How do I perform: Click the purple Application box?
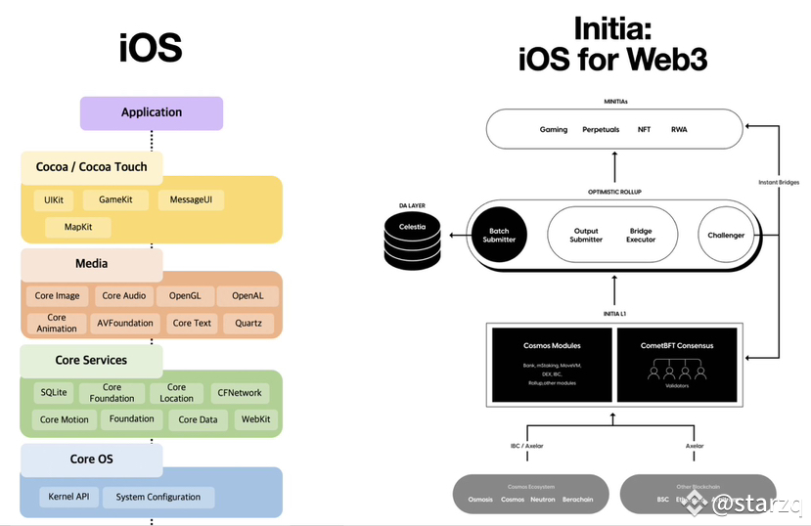point(152,112)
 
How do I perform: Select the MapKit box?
point(79,228)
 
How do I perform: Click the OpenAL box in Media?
point(248,296)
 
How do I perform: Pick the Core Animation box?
point(57,323)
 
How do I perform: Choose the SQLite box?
point(54,392)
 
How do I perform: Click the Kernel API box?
point(68,497)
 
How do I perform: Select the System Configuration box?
point(158,497)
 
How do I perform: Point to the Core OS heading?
point(97,460)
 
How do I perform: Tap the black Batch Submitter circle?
point(499,236)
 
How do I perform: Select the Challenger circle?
point(726,236)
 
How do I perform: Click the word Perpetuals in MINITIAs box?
point(601,130)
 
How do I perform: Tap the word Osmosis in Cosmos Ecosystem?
point(480,500)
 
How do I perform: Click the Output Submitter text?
point(586,236)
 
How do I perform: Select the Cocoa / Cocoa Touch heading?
point(92,167)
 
